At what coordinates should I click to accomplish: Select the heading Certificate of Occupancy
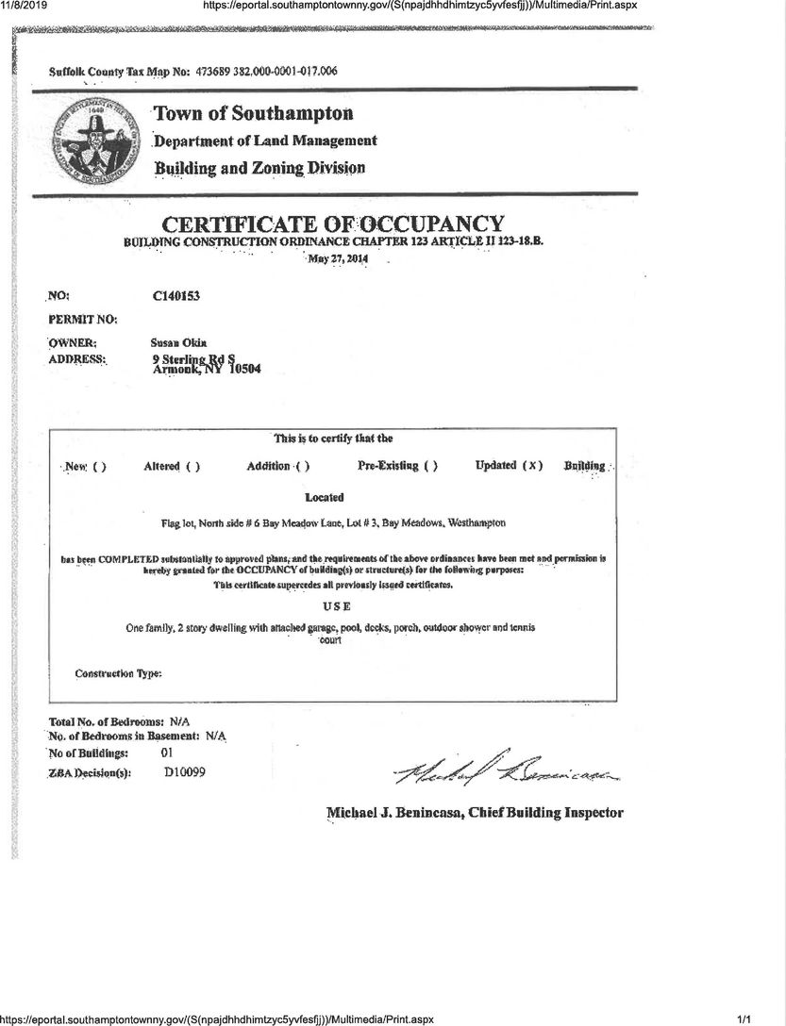click(333, 224)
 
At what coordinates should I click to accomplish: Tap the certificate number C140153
click(176, 296)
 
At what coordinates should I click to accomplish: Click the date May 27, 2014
click(337, 258)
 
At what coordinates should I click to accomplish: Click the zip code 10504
click(240, 370)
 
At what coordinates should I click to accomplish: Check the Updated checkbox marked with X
click(533, 466)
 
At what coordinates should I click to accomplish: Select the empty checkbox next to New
click(99, 467)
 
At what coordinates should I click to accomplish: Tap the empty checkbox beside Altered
click(192, 467)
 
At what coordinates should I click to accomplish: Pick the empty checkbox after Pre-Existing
click(430, 466)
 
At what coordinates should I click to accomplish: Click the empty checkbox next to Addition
click(303, 467)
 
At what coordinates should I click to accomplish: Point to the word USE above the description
click(325, 607)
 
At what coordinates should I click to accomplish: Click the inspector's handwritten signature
click(508, 771)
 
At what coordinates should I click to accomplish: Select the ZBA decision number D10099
click(185, 772)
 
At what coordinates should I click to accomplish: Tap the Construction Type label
click(118, 673)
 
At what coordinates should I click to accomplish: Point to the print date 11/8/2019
click(25, 6)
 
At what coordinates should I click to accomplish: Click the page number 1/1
click(744, 1018)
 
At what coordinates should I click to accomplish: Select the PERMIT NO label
click(82, 320)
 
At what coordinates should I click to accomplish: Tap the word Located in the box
click(325, 497)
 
